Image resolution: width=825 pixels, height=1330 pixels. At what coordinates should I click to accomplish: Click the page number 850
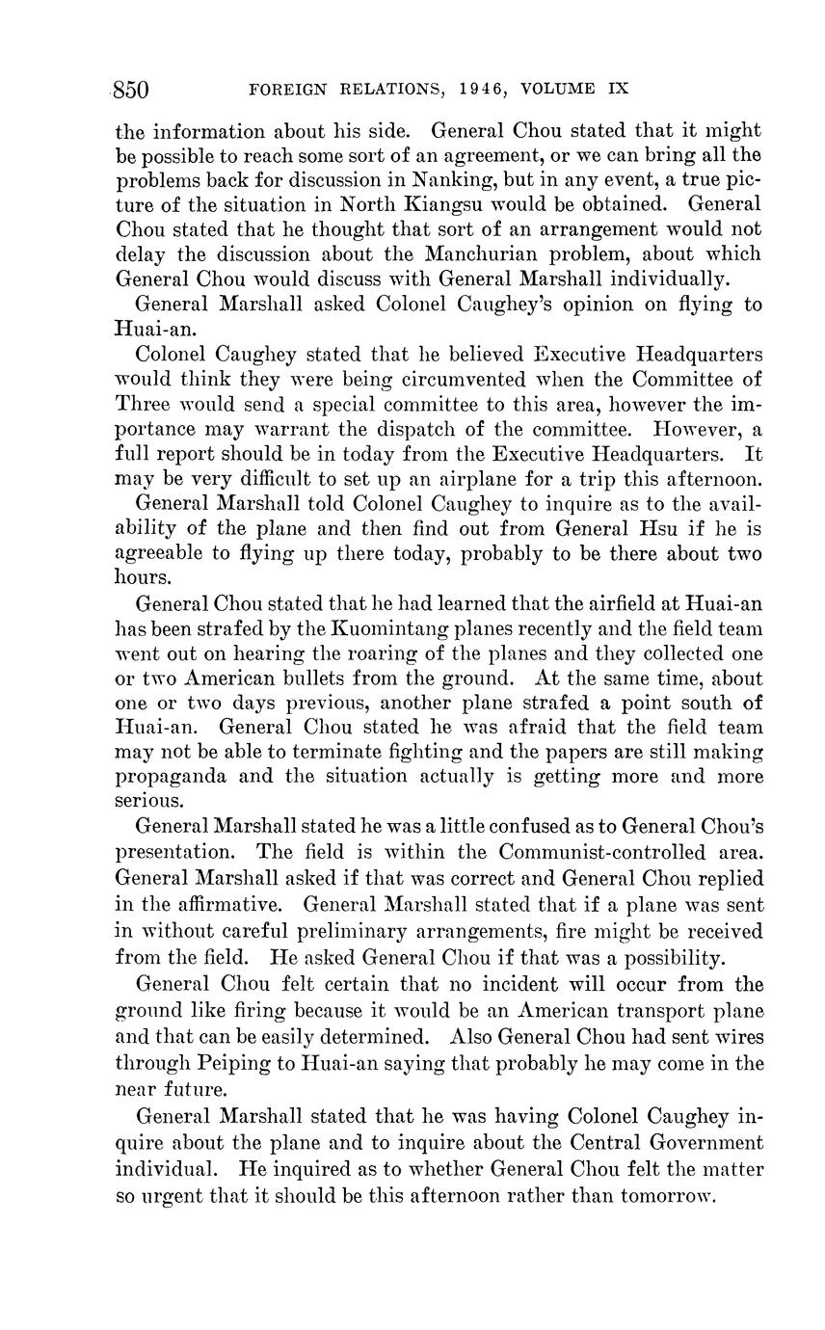[x=131, y=91]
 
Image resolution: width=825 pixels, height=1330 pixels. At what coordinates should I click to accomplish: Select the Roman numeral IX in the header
[x=618, y=90]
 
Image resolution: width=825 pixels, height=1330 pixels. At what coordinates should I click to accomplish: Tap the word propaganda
[x=180, y=777]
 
